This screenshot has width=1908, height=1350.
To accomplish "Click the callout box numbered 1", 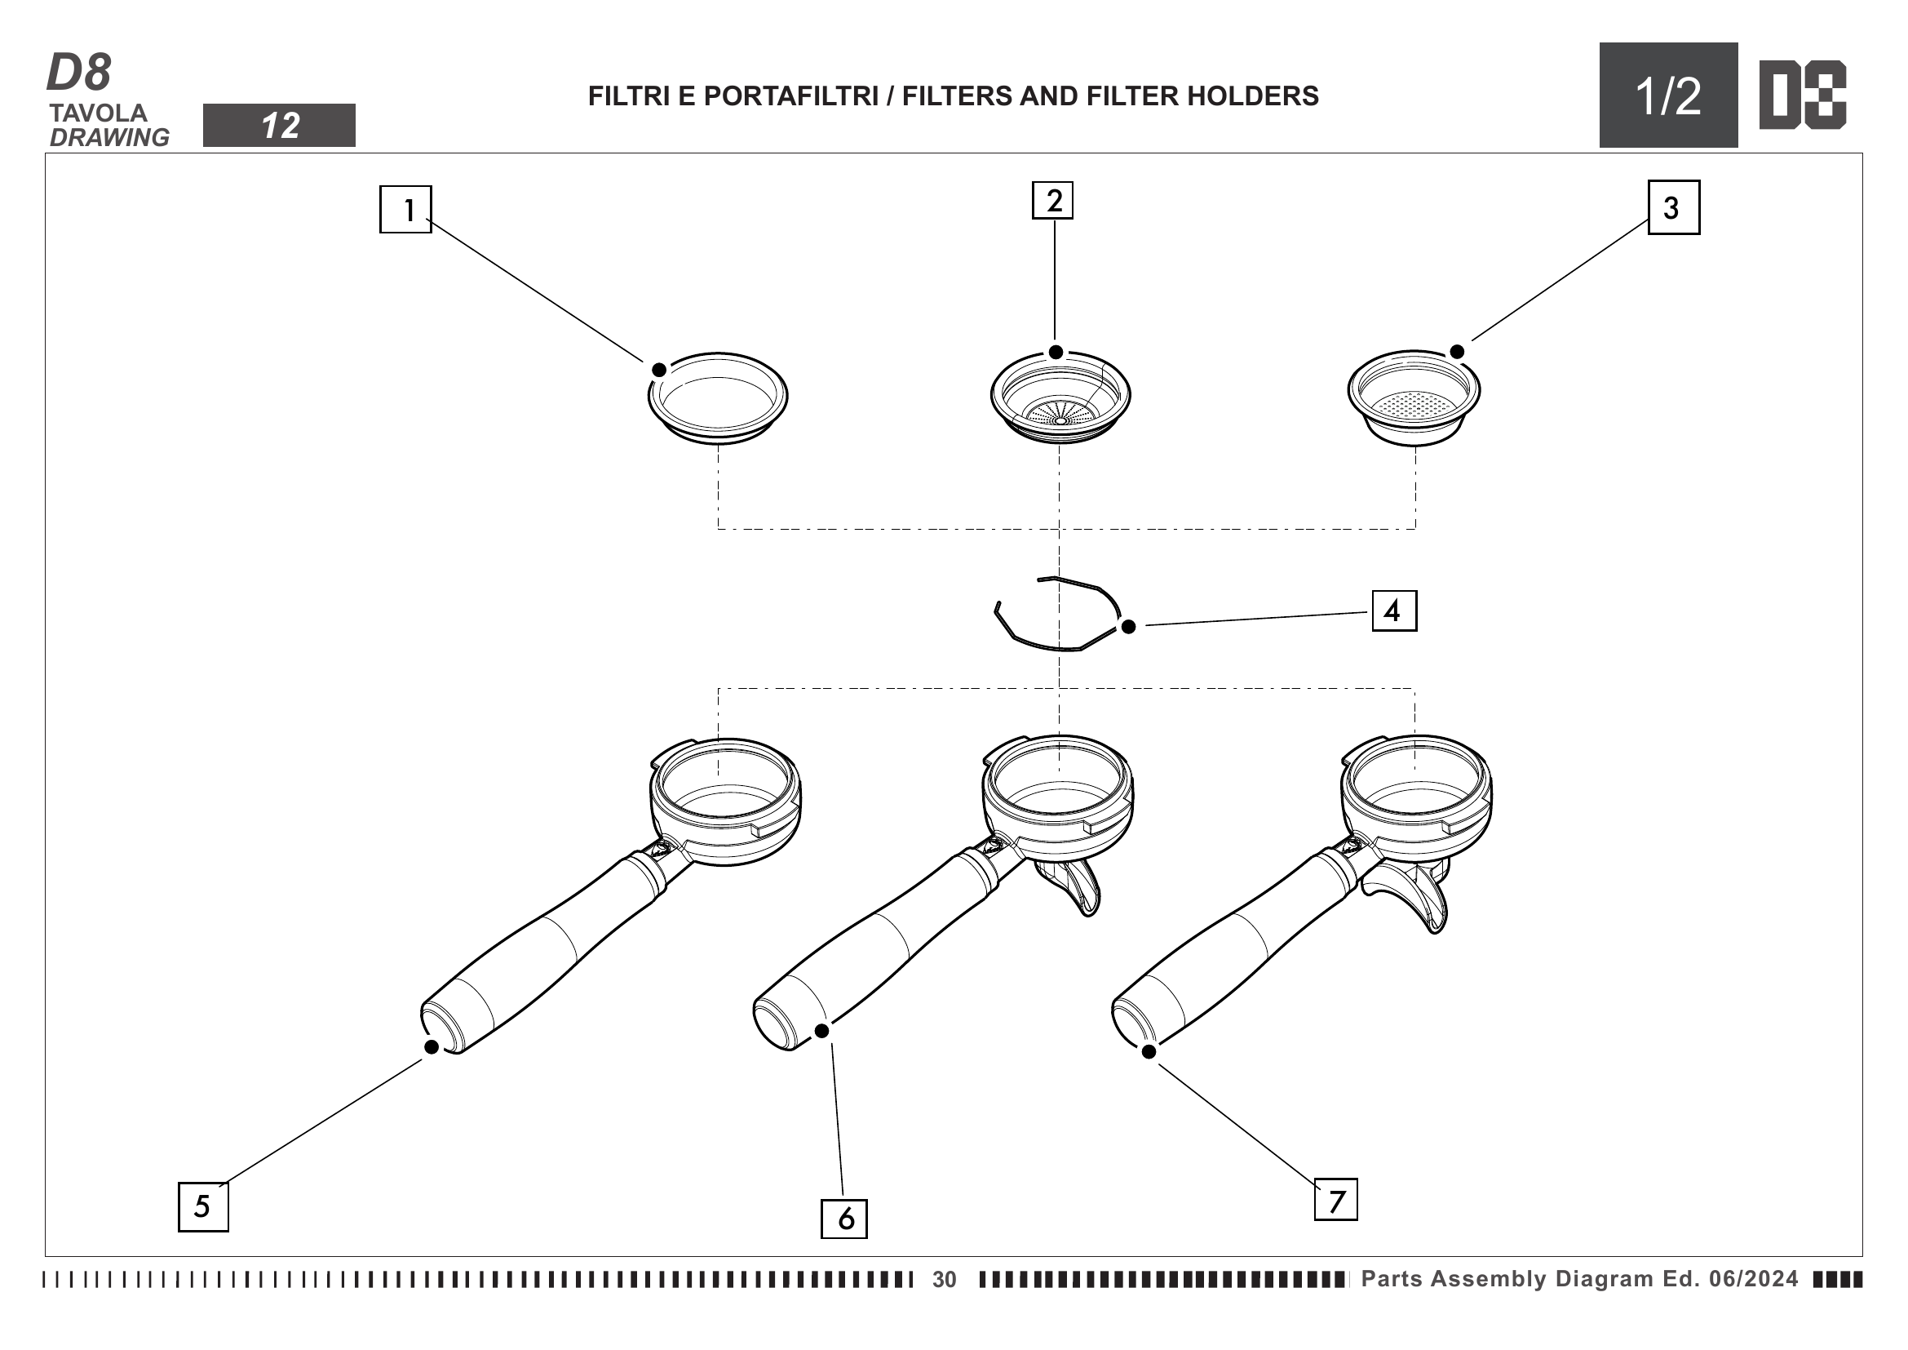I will point(405,210).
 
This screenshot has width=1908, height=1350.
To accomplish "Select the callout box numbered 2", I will point(1052,200).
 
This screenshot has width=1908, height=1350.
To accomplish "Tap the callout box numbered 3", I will point(1674,208).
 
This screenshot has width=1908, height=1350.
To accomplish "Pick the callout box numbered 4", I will point(1393,611).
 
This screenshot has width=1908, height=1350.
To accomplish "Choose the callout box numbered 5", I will point(204,1206).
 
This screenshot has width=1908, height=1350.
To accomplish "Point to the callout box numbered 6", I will point(843,1219).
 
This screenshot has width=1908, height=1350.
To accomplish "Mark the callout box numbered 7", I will point(1335,1200).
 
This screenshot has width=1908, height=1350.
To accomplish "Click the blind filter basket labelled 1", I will point(718,398).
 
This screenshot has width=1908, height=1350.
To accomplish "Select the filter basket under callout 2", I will point(1060,397).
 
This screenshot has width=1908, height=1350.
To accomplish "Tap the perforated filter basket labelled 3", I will point(1414,398).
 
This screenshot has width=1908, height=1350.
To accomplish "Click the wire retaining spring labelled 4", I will point(1057,615).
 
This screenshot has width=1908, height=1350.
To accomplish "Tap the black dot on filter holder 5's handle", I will point(432,1046).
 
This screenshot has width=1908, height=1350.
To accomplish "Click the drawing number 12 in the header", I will point(280,127).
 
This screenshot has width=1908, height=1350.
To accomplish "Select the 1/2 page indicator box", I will point(1668,95).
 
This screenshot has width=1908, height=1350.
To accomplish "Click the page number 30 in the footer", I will point(944,1279).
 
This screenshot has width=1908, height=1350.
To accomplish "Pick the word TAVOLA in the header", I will point(98,113).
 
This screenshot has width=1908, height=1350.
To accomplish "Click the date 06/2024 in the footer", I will point(1754,1278).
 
